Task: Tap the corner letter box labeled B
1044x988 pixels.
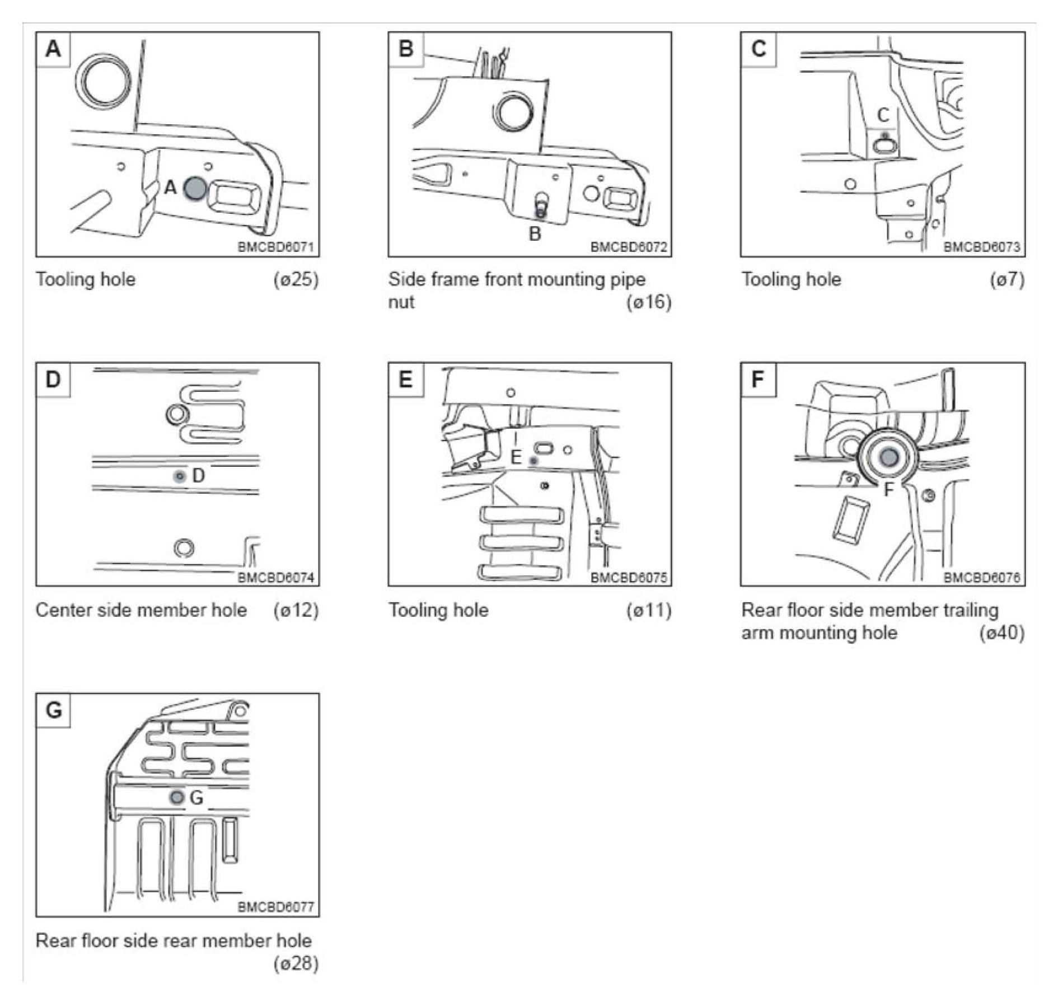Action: click(406, 49)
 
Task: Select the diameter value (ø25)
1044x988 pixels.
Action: click(296, 279)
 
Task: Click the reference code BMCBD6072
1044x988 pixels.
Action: click(629, 247)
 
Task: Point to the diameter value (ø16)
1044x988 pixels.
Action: click(649, 302)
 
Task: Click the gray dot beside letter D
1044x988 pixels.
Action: click(180, 476)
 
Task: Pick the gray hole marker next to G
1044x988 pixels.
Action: click(177, 797)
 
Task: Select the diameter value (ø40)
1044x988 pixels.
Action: click(1002, 633)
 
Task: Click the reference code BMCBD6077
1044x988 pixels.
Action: click(276, 906)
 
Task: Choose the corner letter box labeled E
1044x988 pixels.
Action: click(405, 380)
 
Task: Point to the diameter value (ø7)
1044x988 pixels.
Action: click(1007, 279)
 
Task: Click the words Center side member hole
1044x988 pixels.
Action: click(141, 610)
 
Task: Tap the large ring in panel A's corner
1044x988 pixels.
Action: click(103, 82)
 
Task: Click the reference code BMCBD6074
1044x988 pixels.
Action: click(276, 577)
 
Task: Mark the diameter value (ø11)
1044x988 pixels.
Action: click(649, 610)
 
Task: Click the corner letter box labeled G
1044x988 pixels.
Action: click(53, 710)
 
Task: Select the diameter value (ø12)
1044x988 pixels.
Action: click(296, 610)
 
